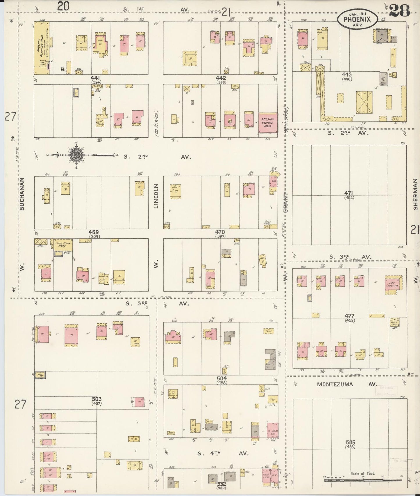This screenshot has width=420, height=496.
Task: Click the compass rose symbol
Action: pos(76,155)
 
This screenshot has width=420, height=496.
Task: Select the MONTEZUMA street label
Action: pos(335,384)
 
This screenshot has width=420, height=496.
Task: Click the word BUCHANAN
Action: pos(22,194)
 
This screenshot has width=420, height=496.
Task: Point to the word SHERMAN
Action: pos(415,194)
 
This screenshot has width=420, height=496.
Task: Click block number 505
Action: pos(351,442)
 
